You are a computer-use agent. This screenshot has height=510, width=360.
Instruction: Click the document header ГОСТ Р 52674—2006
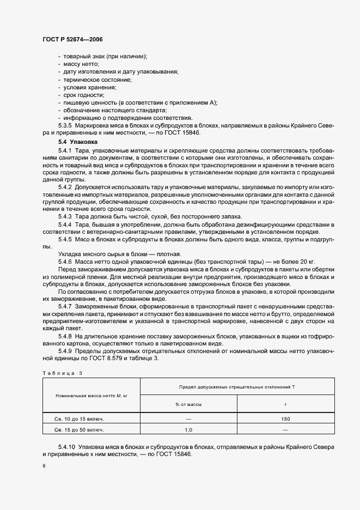[x=72, y=40]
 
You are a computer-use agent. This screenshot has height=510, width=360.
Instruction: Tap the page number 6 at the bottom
[x=44, y=466]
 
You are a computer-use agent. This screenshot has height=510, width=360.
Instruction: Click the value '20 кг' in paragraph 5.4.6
[x=271, y=262]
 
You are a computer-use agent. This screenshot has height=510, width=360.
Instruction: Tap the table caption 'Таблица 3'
[x=62, y=373]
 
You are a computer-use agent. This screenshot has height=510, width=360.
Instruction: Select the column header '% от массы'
[x=188, y=404]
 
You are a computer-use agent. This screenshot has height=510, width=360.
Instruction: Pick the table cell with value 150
[x=285, y=419]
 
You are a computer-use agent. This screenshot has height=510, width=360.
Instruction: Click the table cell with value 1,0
[x=188, y=430]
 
